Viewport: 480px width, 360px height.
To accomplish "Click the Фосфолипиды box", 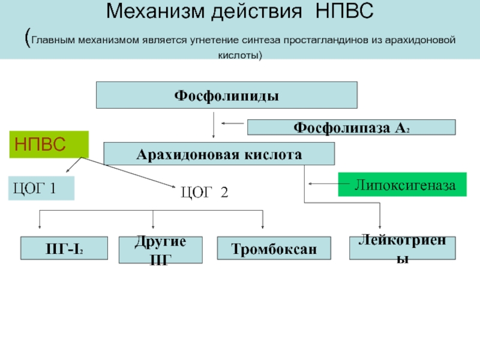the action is pos(227,95).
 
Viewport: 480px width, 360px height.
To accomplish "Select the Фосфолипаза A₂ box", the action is pos(352,127).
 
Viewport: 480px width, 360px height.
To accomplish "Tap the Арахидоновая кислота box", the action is pos(219,154).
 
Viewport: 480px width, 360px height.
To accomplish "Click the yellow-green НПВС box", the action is pos(49,145).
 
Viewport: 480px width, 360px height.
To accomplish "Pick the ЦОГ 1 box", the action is pos(41,188).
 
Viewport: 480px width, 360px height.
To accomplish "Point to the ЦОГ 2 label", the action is pos(205,192).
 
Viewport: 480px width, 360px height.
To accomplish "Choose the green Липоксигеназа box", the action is pos(402,184).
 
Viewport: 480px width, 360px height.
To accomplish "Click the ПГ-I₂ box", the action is pos(64,248).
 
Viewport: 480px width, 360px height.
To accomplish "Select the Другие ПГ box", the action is pos(160,250).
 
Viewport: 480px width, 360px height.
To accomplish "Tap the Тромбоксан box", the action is pos(274,248).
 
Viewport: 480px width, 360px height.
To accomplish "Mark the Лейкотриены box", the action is pos(403,248).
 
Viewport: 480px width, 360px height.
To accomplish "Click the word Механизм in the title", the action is pos(155,11).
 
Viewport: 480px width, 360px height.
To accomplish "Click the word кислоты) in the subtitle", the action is pos(240,55).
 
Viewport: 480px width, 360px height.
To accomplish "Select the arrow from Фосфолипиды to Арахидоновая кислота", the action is pos(214,125).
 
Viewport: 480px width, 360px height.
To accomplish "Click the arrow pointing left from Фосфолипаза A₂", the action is pos(233,124).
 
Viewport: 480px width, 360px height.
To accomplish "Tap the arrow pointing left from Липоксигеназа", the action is pos(329,184).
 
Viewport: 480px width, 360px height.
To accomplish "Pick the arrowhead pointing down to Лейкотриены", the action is pos(380,227).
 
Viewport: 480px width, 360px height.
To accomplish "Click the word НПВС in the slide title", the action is pos(344,11).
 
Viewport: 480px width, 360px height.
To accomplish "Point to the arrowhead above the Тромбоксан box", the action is pos(263,227).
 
